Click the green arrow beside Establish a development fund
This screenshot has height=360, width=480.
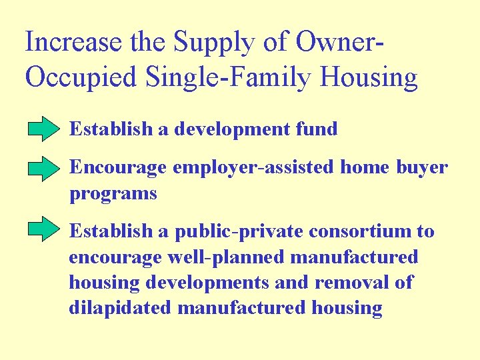click(44, 129)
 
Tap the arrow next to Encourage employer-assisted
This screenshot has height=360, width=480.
click(44, 169)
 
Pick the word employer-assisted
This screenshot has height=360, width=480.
click(253, 167)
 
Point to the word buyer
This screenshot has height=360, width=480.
click(423, 167)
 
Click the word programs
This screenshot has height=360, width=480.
click(113, 193)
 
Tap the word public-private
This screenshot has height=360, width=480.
click(237, 231)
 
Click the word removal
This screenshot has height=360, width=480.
click(347, 282)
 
